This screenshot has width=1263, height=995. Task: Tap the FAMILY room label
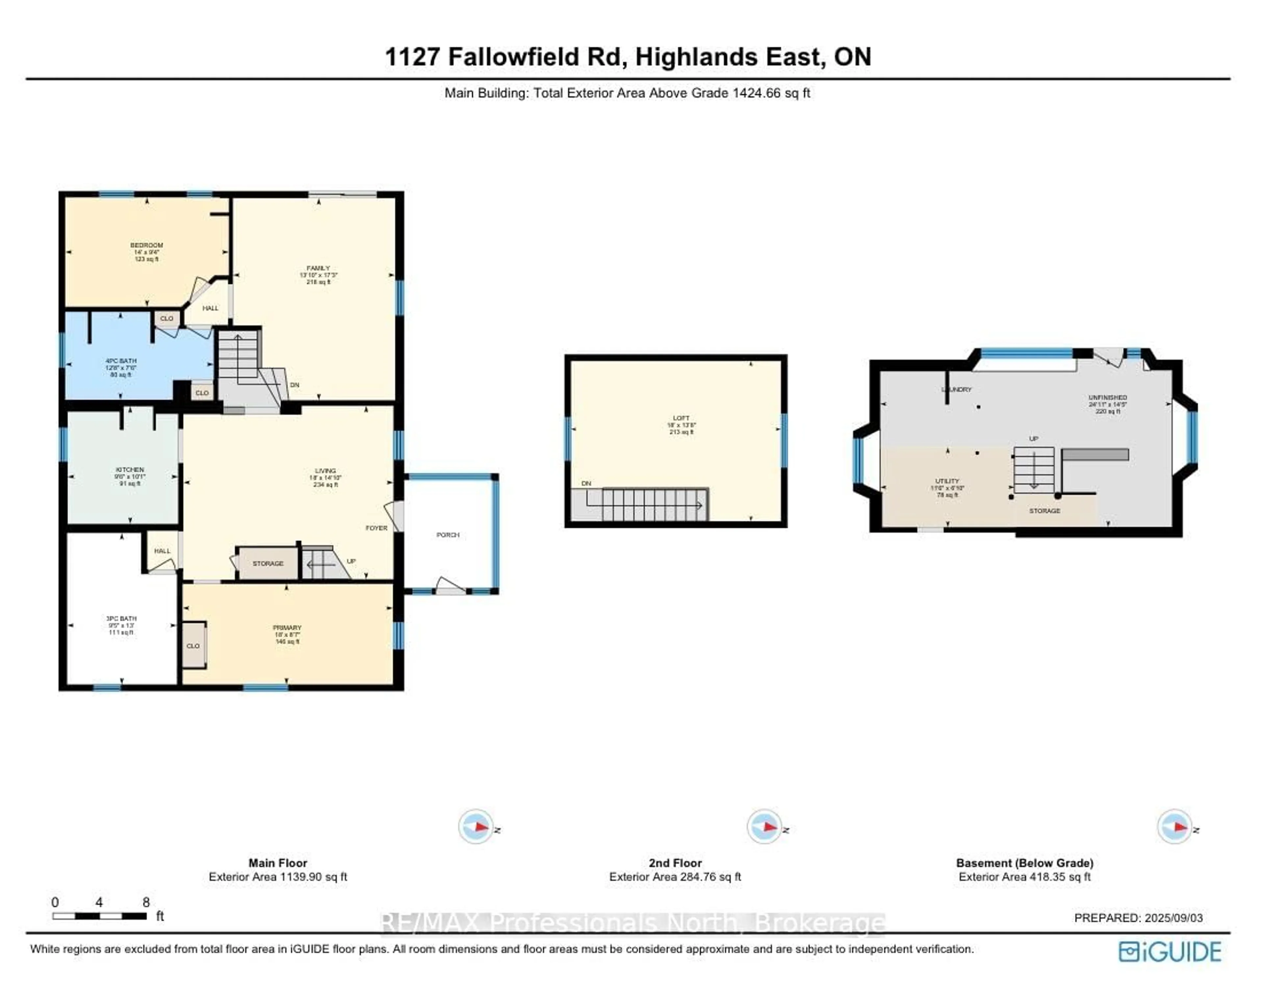(x=318, y=268)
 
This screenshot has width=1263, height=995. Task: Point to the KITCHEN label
(x=129, y=469)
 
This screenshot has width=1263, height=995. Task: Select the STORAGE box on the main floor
(x=268, y=563)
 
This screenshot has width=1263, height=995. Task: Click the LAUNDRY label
(x=956, y=389)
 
